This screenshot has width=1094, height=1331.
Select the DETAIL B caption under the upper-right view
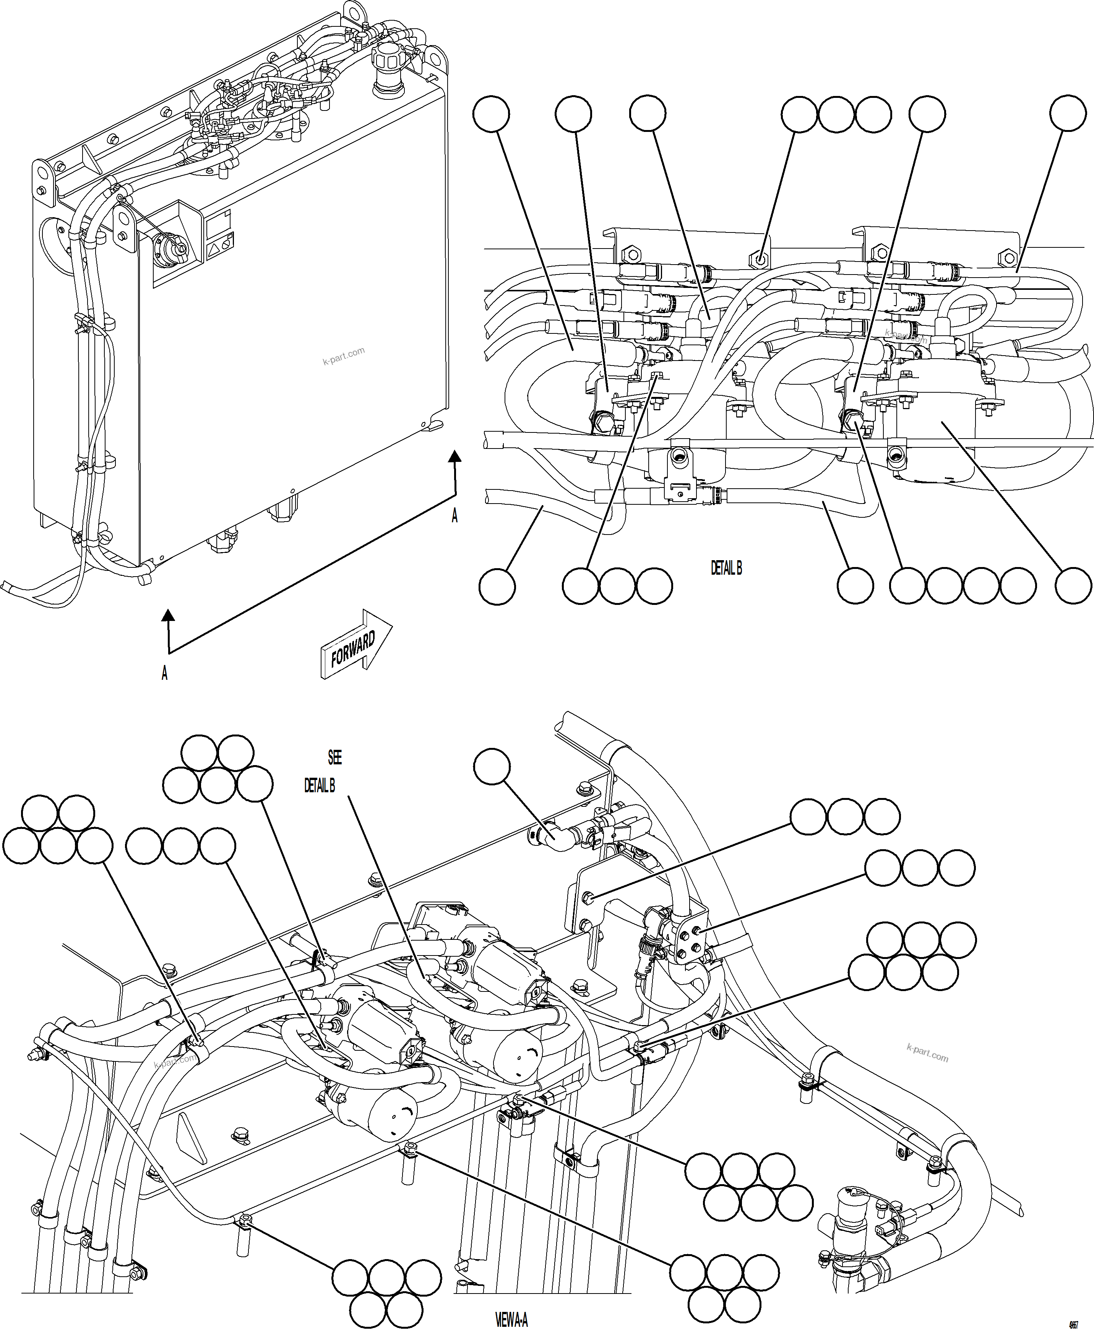point(726,568)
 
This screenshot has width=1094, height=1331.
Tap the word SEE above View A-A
point(334,757)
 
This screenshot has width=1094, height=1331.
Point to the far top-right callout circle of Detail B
point(1068,114)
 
